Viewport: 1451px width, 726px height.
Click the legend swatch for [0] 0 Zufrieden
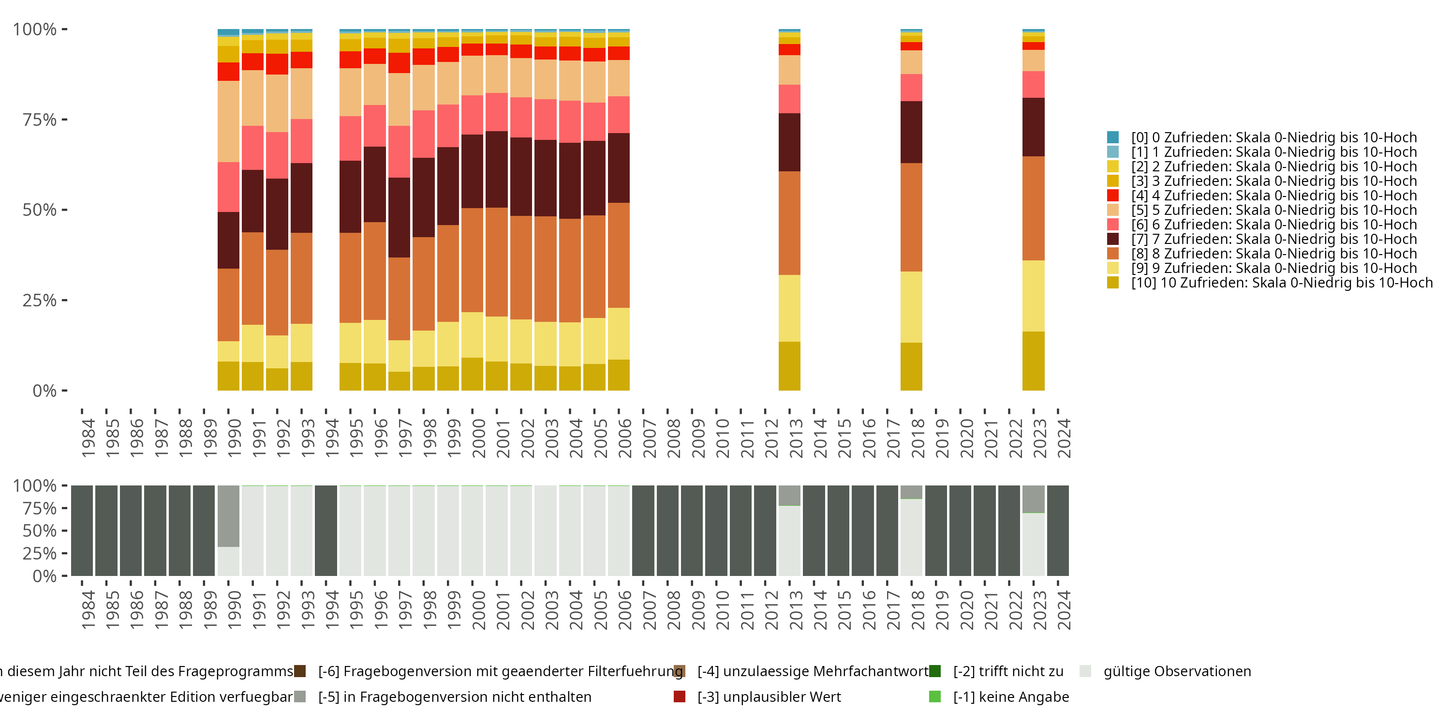point(1112,137)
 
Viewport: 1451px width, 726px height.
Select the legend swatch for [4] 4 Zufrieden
point(1112,195)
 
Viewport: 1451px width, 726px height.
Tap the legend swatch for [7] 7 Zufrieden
point(1112,239)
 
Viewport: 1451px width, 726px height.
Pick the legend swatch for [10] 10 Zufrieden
point(1112,282)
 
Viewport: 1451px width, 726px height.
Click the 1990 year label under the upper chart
point(234,438)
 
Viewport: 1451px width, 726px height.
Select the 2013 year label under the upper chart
point(795,438)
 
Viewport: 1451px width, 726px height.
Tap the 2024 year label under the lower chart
point(1064,610)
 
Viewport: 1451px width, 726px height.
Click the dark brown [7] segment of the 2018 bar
point(911,132)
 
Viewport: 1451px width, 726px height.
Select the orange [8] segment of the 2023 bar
point(1033,208)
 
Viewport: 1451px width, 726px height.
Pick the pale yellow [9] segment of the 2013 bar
point(789,308)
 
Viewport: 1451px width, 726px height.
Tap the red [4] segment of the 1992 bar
point(277,64)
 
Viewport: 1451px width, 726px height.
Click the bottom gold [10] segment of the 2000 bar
point(472,374)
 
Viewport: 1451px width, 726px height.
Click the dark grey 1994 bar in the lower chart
point(326,530)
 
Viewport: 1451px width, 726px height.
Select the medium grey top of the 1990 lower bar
point(228,516)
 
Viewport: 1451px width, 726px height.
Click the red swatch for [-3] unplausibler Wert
point(680,696)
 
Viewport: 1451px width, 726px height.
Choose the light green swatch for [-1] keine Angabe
point(934,696)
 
